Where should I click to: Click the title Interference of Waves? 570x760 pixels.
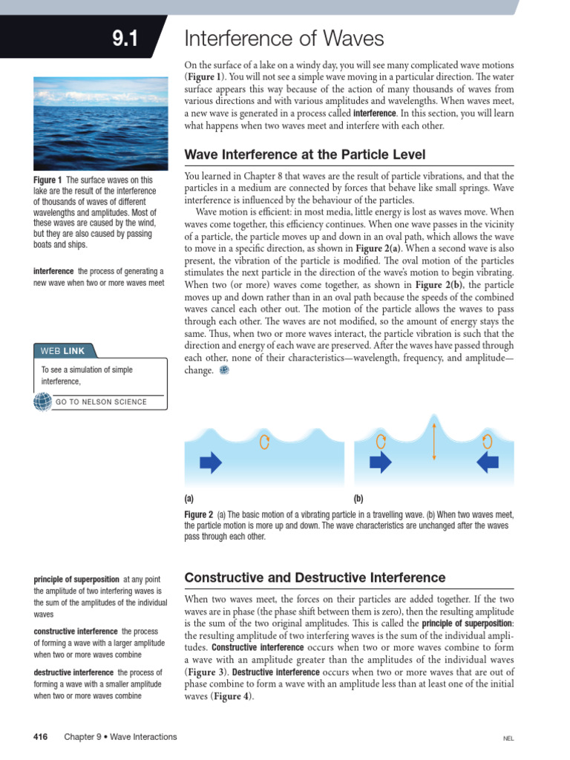click(284, 38)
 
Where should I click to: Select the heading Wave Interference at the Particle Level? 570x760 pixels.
click(304, 154)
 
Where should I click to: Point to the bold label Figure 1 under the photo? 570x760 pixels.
click(47, 180)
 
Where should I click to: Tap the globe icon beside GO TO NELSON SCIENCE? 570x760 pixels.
click(42, 402)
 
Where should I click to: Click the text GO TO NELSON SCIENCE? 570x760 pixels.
click(101, 402)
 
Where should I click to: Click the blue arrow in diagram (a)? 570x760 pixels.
click(211, 463)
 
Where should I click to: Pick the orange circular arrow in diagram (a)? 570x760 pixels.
click(264, 442)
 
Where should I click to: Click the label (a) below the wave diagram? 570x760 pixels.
click(189, 499)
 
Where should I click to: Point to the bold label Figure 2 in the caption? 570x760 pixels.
click(199, 514)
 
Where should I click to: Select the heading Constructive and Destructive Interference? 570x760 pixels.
click(315, 577)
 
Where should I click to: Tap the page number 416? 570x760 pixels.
click(40, 737)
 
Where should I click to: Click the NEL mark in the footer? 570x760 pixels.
click(508, 738)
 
